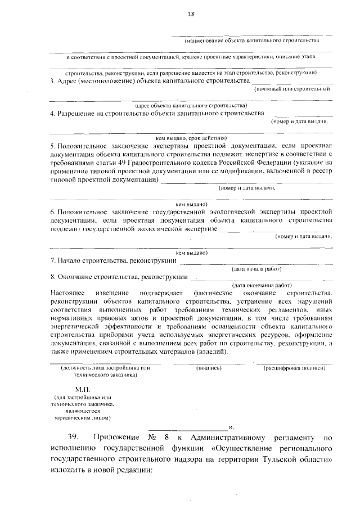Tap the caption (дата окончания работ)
click(262, 285)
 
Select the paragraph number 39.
click(75, 437)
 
